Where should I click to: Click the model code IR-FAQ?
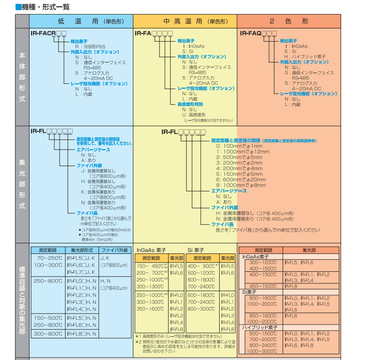point(251,33)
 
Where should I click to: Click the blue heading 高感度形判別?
point(190,104)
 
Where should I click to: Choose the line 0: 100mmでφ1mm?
point(236,145)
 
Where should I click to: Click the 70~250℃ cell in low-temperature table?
point(49,258)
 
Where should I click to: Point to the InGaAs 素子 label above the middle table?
point(153,250)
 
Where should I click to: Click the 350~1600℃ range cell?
point(151,309)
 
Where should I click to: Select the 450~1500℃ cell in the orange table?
point(263,286)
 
